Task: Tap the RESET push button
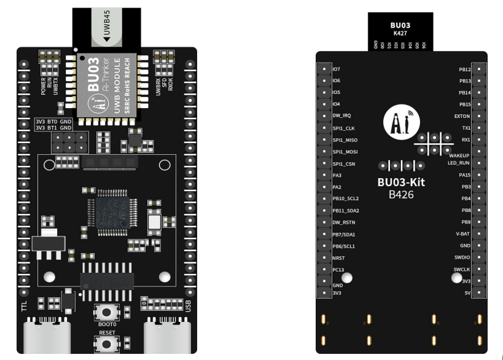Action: (107, 341)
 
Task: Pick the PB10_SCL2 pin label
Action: (345, 199)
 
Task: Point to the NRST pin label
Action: (338, 258)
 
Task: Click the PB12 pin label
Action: (464, 69)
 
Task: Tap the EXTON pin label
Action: (462, 116)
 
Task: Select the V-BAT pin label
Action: (463, 234)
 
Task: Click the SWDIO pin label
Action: (462, 257)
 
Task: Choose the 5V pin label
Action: (468, 293)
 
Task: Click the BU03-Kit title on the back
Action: (400, 182)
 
